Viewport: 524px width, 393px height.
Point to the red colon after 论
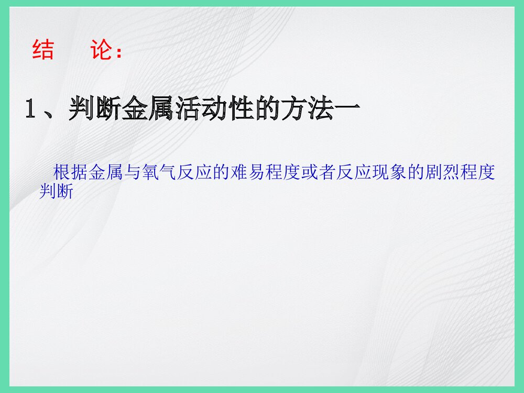[120, 52]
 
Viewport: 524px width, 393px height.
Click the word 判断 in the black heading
[94, 110]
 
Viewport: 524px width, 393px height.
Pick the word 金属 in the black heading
[148, 110]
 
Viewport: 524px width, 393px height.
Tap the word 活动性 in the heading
[214, 110]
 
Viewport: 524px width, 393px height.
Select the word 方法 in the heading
[308, 110]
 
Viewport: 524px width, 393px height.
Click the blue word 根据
[71, 172]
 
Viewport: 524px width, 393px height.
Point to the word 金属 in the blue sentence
[106, 172]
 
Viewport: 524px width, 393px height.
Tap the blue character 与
[133, 172]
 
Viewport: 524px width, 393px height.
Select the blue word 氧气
[160, 172]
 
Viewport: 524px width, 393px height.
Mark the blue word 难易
[248, 172]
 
